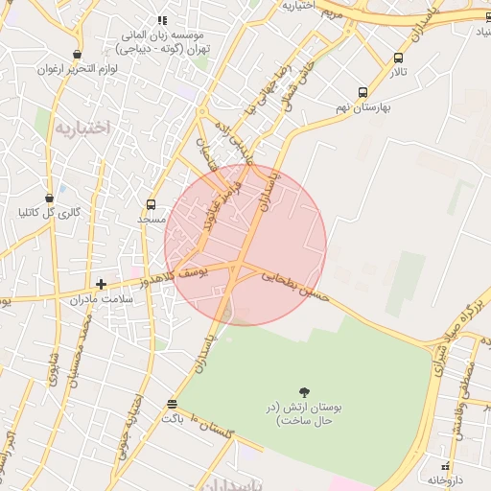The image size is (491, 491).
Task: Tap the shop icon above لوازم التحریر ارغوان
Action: coord(76,54)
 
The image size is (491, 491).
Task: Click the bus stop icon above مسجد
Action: coord(151,204)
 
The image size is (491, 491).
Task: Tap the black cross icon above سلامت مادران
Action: coord(101,284)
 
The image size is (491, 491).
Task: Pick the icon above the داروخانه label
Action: coord(444,455)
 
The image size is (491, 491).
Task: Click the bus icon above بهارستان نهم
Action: coord(362,93)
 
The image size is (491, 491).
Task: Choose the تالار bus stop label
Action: coord(399,73)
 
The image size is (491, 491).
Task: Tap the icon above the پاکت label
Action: coord(172,404)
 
